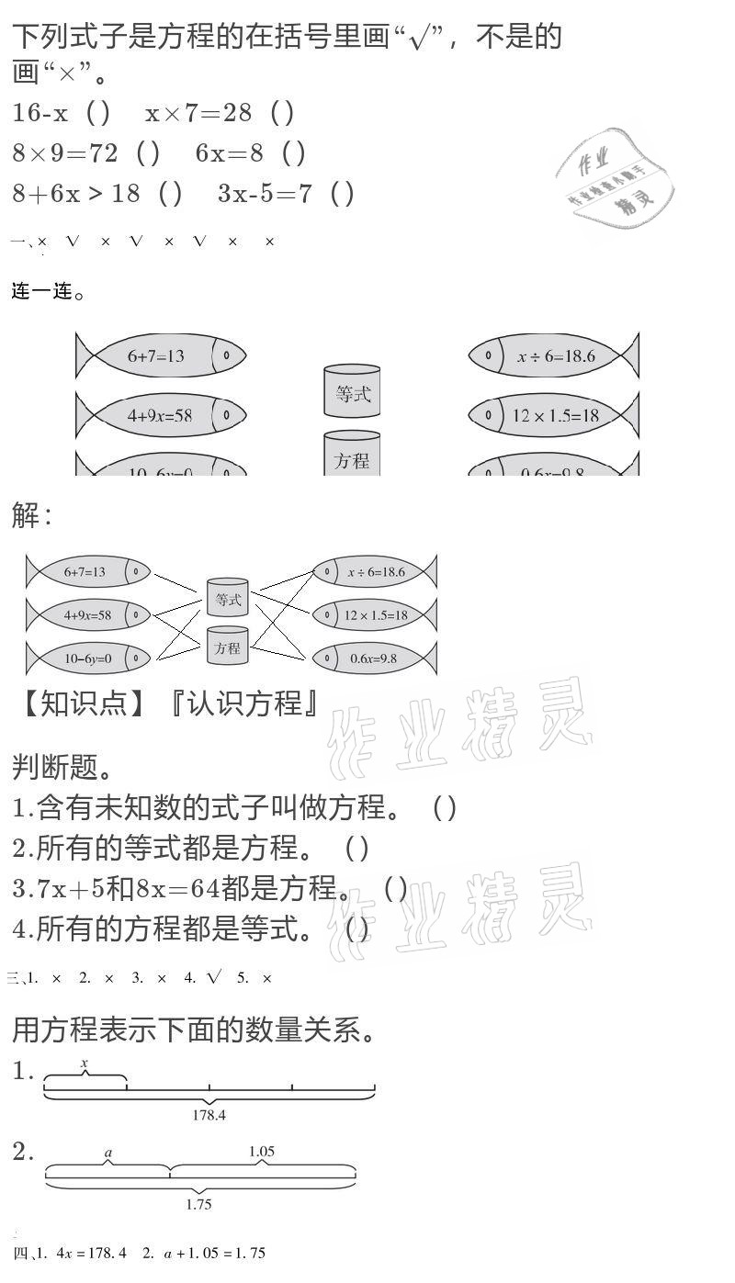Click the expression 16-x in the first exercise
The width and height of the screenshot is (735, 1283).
[40, 113]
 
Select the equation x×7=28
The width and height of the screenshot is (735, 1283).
[198, 113]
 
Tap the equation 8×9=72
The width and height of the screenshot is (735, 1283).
[65, 153]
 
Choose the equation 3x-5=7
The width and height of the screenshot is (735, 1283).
[266, 194]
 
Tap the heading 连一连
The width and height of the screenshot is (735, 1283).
[48, 292]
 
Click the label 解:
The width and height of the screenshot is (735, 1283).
[32, 515]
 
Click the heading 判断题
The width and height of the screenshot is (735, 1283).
[61, 766]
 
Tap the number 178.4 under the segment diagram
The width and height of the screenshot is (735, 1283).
[209, 1115]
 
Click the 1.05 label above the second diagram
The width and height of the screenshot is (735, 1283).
[262, 1152]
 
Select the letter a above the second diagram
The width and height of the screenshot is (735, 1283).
[108, 1153]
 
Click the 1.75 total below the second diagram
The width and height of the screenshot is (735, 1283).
[199, 1204]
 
